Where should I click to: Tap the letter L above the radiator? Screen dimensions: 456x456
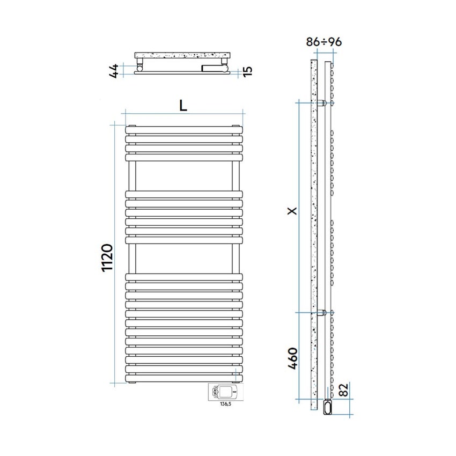coord(183,106)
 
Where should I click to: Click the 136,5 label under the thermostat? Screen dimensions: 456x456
coord(225,404)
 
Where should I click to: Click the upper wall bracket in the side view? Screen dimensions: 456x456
coord(322,102)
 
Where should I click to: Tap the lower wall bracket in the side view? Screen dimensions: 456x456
coord(322,313)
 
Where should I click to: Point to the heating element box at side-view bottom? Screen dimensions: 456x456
coord(328,407)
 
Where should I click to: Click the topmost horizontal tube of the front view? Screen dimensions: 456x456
coord(184,130)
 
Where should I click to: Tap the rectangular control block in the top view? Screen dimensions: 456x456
coord(214,68)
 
